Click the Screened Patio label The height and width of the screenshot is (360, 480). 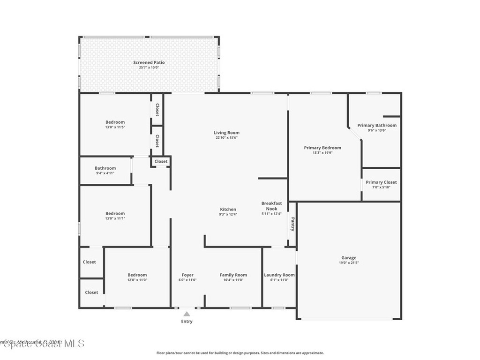149,62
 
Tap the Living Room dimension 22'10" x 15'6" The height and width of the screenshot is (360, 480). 227,138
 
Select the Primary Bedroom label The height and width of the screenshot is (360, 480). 322,148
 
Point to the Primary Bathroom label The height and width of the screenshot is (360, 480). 377,125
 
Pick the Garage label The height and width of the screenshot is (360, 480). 349,257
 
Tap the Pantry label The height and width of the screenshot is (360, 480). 292,224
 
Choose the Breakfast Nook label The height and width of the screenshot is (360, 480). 271,206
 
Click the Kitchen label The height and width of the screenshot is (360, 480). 228,209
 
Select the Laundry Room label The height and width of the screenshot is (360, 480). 279,275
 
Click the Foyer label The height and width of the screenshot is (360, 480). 187,275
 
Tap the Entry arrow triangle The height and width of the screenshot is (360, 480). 187,314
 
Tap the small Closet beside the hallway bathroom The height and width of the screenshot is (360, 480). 161,161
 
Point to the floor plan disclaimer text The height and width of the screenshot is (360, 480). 240,353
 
